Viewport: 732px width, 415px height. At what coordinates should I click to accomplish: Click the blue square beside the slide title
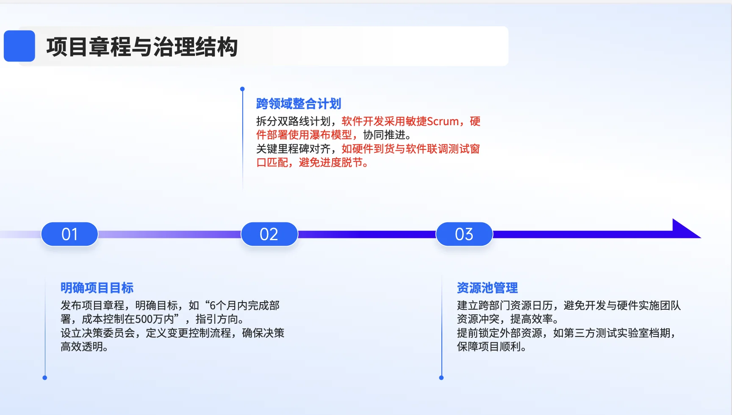click(19, 46)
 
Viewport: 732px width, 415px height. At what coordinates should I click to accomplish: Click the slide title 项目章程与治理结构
click(142, 47)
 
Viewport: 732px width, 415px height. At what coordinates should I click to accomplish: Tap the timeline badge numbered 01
click(69, 234)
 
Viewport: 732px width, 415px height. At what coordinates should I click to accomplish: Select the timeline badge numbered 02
click(269, 234)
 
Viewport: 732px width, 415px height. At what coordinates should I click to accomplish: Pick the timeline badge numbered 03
click(464, 234)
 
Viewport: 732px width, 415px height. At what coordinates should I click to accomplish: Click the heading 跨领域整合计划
click(298, 104)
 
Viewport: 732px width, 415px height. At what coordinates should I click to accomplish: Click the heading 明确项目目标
click(97, 288)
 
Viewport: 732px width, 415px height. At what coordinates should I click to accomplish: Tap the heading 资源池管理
click(487, 288)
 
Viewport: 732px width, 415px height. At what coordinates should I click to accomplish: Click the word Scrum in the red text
click(443, 121)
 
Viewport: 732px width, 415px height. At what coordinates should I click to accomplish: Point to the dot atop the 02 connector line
click(242, 89)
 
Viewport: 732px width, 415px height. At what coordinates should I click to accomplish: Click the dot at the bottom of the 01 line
click(45, 378)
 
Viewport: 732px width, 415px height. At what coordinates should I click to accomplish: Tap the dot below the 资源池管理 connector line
click(441, 378)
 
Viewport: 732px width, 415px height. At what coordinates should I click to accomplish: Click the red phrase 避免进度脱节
click(331, 163)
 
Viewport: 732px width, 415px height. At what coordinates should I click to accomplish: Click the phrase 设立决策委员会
click(97, 333)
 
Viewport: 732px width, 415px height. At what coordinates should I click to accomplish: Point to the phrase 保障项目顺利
click(489, 347)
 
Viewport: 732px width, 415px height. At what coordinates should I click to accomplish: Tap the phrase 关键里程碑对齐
click(293, 149)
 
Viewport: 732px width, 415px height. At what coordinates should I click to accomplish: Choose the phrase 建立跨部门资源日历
click(505, 306)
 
